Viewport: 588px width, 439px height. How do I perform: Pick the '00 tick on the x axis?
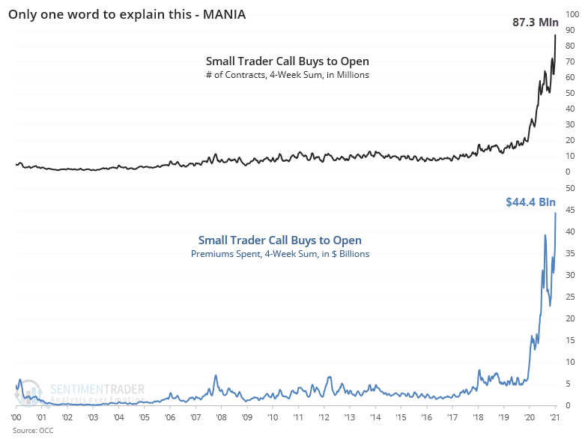coord(16,417)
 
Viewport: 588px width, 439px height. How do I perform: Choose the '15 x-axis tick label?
coord(401,417)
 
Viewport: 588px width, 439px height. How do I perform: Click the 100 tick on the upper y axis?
coord(572,14)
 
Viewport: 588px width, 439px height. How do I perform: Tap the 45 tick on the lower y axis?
coord(570,210)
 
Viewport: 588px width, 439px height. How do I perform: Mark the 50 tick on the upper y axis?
coord(570,93)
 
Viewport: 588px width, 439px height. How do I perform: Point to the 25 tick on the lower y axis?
coord(570,297)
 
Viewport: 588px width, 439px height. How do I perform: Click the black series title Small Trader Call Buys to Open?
coord(288,61)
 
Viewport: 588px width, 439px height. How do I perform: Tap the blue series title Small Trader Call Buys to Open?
coord(279,240)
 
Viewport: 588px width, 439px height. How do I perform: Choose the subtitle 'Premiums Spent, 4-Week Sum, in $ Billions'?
coord(279,254)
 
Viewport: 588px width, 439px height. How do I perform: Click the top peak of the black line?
coord(555,35)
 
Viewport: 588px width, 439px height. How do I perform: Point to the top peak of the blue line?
coord(555,214)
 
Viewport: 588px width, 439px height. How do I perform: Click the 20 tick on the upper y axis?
coord(570,140)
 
